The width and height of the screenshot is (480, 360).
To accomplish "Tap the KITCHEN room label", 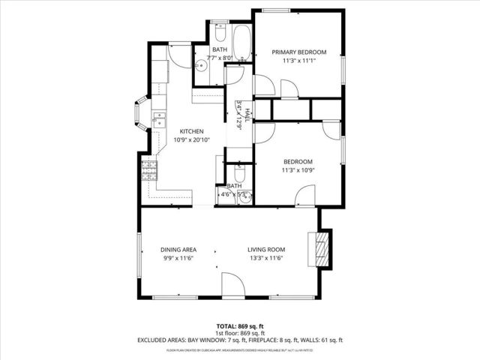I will pyautogui.click(x=191, y=130).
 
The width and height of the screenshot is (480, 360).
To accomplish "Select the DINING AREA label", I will pyautogui.click(x=178, y=250).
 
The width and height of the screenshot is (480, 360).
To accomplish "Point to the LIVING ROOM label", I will pyautogui.click(x=267, y=250).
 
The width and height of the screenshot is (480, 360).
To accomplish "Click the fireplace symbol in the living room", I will pyautogui.click(x=320, y=247).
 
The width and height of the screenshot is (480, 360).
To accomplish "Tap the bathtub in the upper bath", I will pyautogui.click(x=241, y=43).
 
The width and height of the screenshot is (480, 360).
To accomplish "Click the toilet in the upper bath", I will pyautogui.click(x=219, y=33).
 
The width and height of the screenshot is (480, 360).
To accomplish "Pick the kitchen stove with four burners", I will pyautogui.click(x=149, y=171).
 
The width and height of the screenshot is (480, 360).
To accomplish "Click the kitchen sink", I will pyautogui.click(x=159, y=118).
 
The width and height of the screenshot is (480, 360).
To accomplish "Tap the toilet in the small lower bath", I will pyautogui.click(x=240, y=173).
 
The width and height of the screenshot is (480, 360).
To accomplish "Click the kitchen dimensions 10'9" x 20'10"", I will pyautogui.click(x=191, y=139).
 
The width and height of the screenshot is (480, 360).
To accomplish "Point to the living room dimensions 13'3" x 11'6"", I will pyautogui.click(x=267, y=259).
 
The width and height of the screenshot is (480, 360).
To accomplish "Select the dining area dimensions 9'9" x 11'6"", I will pyautogui.click(x=178, y=259).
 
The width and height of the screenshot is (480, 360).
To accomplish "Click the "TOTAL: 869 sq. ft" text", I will pyautogui.click(x=240, y=325).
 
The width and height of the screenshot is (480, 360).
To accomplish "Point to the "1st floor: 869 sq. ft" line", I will pyautogui.click(x=240, y=332).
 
